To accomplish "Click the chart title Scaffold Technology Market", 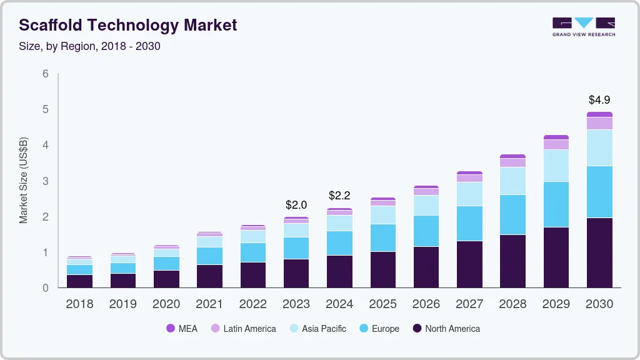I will tap(127, 25).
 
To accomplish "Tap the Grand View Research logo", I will tap(583, 26).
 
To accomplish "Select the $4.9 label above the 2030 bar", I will tap(599, 99).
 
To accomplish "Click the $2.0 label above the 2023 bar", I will tap(296, 204).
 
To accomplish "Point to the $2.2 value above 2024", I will tap(339, 196).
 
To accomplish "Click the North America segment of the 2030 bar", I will tap(599, 252).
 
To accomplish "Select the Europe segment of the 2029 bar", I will tap(556, 204).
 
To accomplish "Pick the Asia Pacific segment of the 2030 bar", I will tap(599, 147).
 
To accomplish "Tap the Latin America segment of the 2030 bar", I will tap(599, 123).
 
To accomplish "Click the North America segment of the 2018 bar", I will tap(79, 281).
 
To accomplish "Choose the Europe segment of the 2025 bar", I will tap(382, 237).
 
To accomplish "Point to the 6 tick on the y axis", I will tap(45, 74).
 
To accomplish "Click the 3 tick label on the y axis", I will tap(45, 181).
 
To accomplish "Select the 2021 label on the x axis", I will tap(209, 304).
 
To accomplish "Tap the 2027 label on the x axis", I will tap(469, 304).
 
